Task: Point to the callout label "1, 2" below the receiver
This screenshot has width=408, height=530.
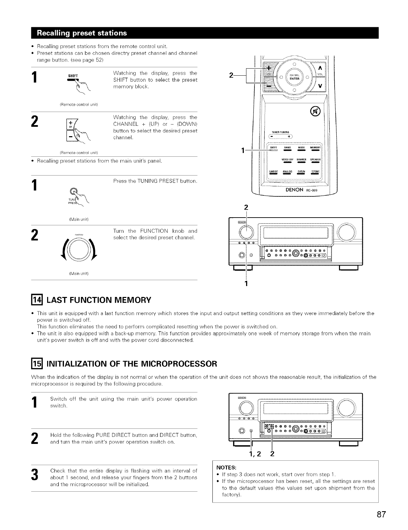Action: point(255,454)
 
